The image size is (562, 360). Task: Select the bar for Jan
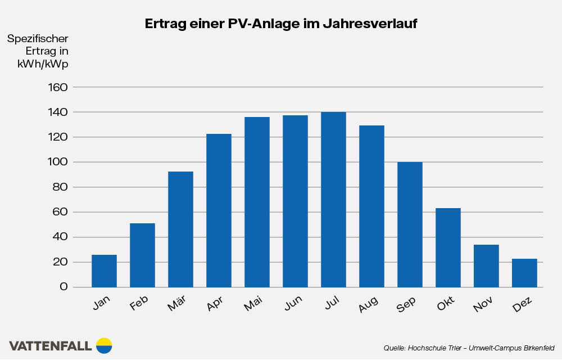pos(104,271)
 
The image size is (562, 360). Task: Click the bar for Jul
pos(333,200)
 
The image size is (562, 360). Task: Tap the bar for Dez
pos(524,273)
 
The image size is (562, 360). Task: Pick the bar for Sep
pos(410,224)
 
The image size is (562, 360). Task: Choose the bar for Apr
pos(219,210)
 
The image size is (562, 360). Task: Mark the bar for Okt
pos(448,247)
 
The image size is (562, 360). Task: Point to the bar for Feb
pos(142,255)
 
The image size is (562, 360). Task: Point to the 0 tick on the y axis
pos(64,287)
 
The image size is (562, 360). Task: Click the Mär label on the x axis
pos(177,305)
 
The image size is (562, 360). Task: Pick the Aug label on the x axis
pos(368,305)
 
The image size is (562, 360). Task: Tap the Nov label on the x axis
pos(483,305)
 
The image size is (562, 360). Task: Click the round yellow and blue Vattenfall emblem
pos(104,345)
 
